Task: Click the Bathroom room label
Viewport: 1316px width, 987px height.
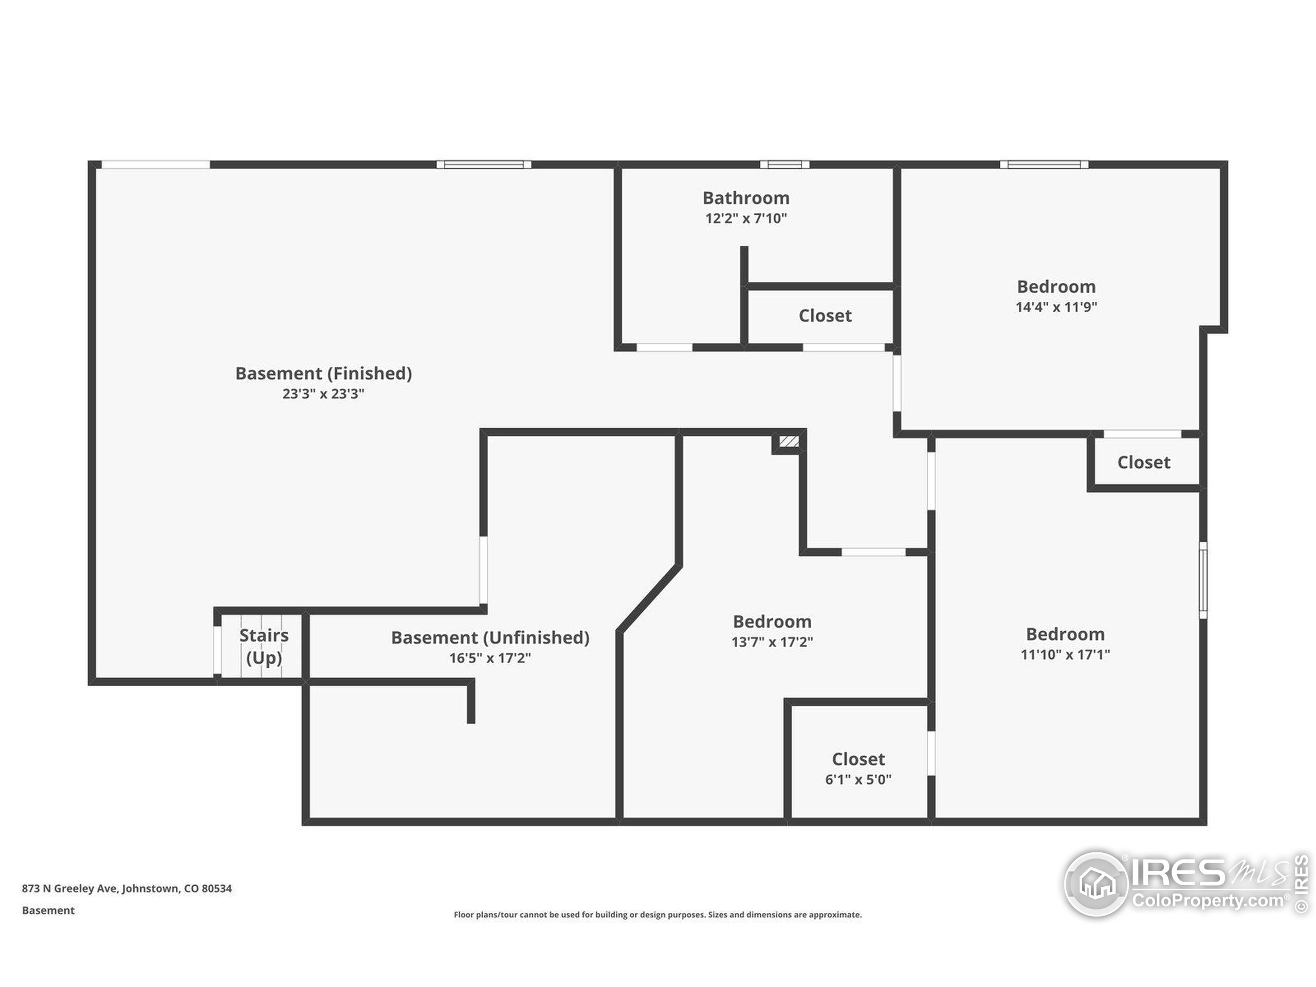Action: [x=746, y=198]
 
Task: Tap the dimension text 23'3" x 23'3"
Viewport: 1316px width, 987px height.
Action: [x=323, y=394]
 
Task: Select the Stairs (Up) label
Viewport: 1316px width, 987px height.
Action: [x=264, y=647]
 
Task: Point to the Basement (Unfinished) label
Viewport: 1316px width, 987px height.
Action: [x=490, y=638]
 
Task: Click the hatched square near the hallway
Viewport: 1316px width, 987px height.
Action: [x=789, y=442]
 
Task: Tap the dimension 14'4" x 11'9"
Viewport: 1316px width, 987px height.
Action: [x=1056, y=307]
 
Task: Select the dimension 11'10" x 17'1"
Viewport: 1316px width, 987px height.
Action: [x=1066, y=654]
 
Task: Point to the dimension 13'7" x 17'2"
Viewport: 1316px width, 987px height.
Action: [x=772, y=642]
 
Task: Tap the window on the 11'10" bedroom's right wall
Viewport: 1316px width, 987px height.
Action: [x=1203, y=580]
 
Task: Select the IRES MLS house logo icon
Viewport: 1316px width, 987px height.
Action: [x=1096, y=884]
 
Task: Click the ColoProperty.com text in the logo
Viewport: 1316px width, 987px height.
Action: [x=1208, y=900]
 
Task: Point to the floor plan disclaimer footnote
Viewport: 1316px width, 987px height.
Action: [x=657, y=915]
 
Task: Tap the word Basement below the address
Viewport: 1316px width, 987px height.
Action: [x=48, y=910]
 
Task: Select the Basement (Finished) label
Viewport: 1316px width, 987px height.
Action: [x=324, y=374]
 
